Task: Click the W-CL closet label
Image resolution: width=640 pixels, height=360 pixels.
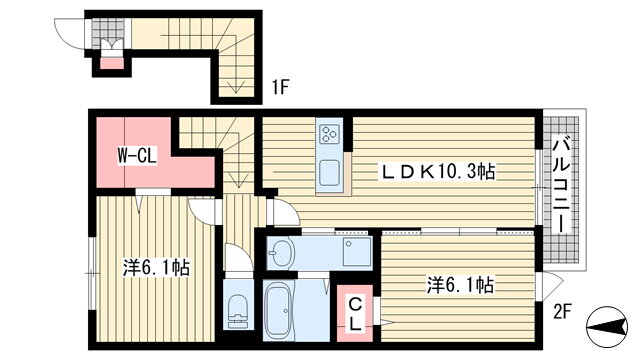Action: tap(137, 156)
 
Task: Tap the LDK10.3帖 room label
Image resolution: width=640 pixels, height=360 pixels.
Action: tap(438, 171)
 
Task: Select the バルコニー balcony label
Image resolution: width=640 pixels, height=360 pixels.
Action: tap(564, 186)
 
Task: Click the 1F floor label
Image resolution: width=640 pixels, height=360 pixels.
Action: tap(281, 87)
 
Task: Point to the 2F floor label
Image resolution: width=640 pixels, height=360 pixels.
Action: tap(561, 313)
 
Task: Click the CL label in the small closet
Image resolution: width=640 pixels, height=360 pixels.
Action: tap(355, 313)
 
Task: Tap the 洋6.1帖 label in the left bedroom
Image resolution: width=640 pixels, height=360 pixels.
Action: tap(156, 268)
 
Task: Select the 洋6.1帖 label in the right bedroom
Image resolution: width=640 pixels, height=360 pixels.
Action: tap(460, 284)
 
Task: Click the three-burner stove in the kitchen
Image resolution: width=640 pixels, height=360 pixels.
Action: tap(330, 133)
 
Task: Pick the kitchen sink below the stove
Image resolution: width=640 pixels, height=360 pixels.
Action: tap(330, 172)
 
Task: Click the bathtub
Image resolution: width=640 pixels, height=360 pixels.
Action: tap(279, 311)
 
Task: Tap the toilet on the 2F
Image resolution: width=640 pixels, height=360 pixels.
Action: tap(238, 311)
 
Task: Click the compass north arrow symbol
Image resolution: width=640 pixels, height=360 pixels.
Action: tap(607, 326)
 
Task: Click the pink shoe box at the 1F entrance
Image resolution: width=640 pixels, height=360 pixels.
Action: tap(112, 64)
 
